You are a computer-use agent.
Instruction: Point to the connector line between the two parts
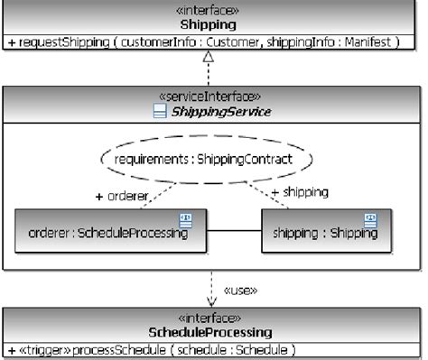coord(235,232)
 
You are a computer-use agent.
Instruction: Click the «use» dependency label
coord(238,291)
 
